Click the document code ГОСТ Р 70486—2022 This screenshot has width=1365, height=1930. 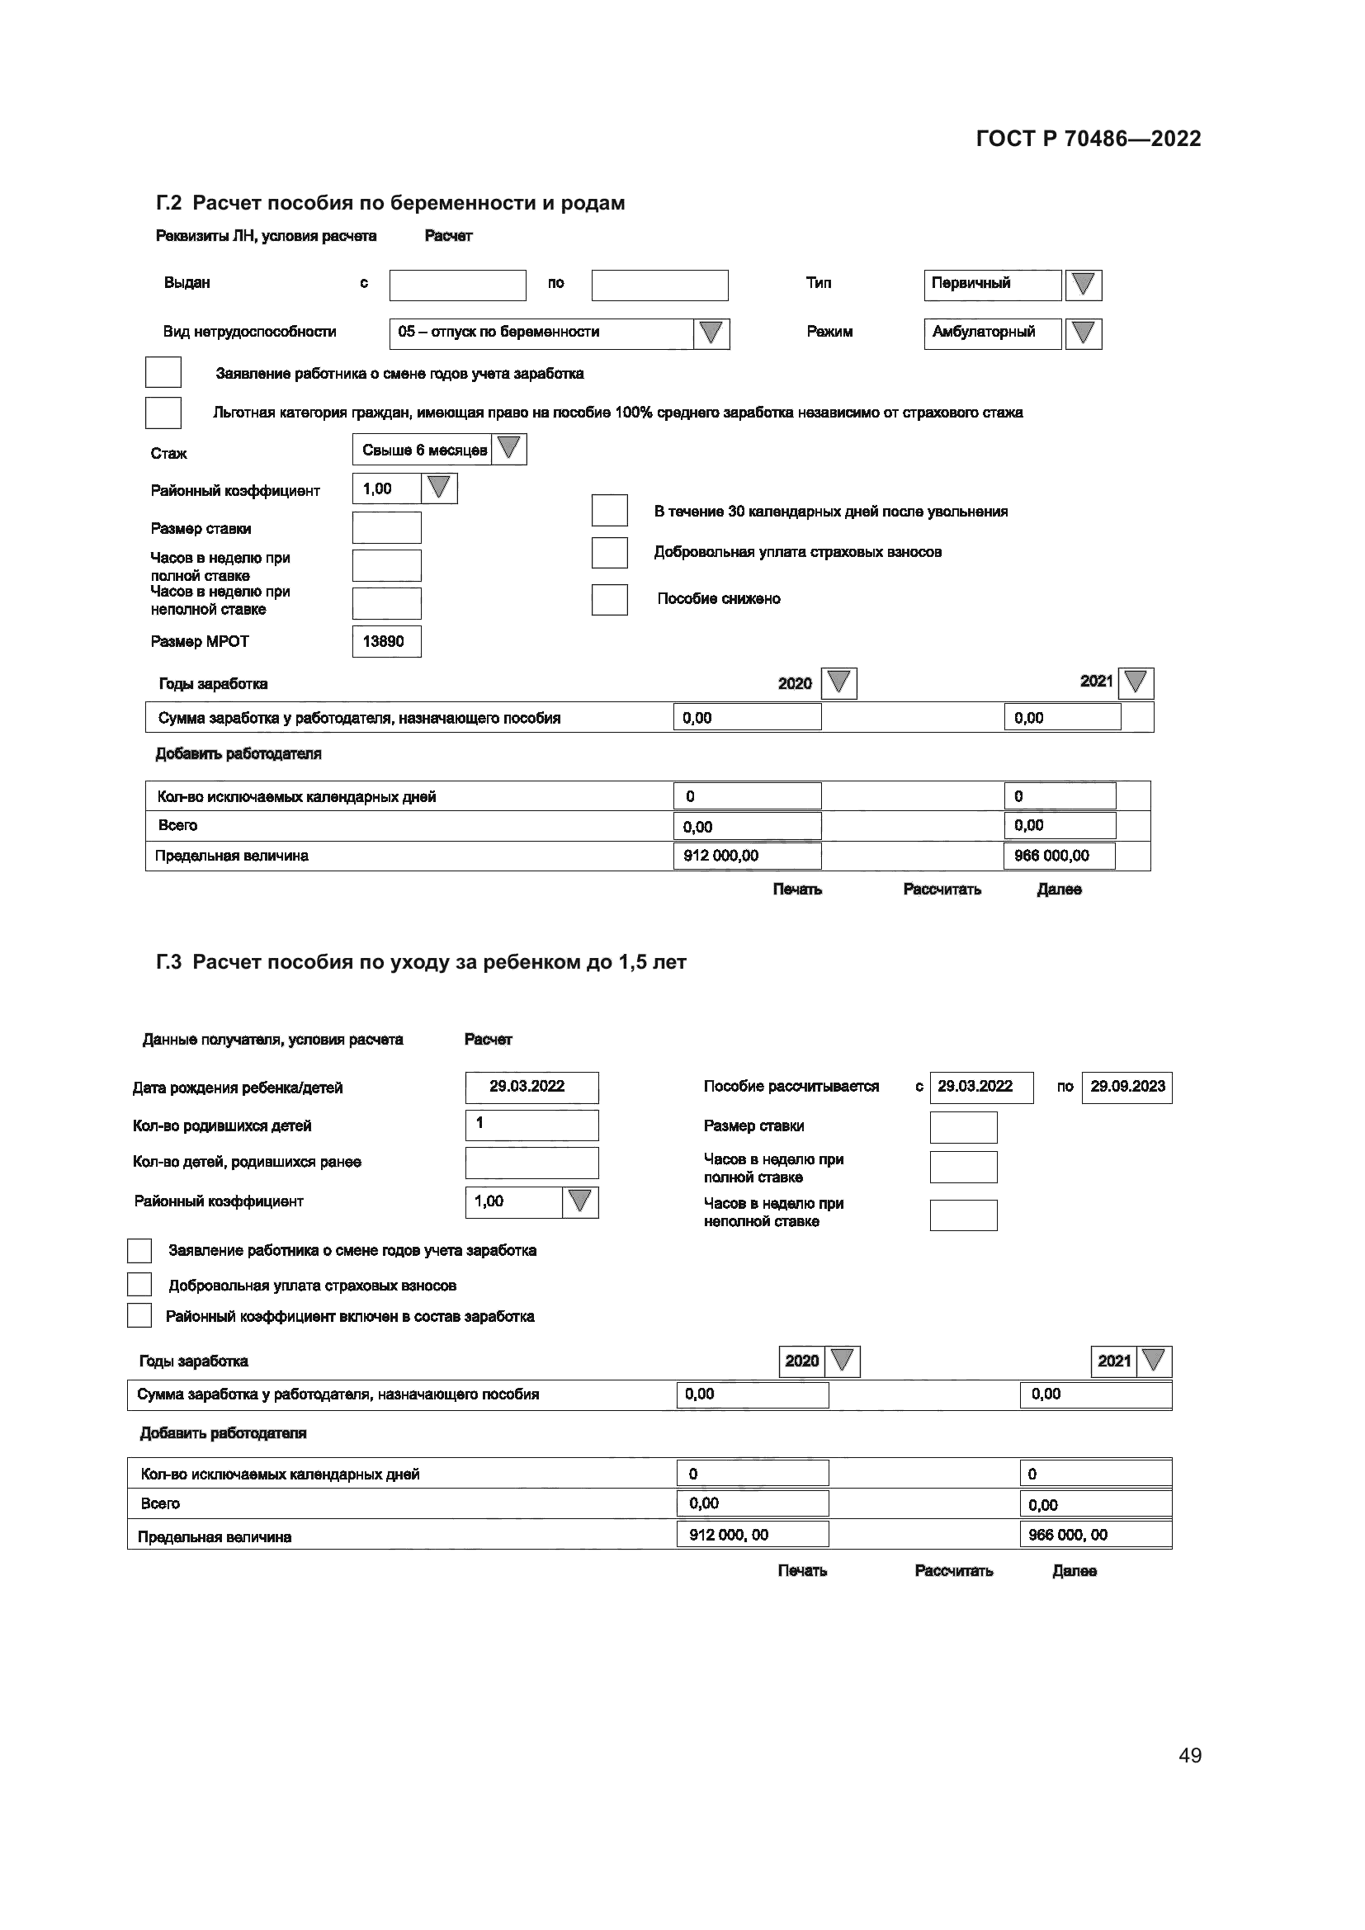coord(1088,139)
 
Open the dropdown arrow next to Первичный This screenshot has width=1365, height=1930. coord(1083,285)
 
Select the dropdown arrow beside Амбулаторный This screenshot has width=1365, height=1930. coord(1083,333)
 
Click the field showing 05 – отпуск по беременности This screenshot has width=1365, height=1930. coord(541,333)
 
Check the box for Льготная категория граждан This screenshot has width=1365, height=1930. coord(163,413)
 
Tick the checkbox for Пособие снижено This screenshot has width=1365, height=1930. coord(609,599)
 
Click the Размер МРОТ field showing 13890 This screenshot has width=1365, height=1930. coord(385,641)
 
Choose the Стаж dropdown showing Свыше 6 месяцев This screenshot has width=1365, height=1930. coord(439,450)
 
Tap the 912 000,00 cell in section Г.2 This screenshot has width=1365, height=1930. coord(746,856)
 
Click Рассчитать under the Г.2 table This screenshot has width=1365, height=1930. coord(942,889)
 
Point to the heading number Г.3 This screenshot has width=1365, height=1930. coord(168,962)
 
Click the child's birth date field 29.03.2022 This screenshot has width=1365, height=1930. coord(531,1087)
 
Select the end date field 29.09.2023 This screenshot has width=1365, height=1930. coord(1126,1087)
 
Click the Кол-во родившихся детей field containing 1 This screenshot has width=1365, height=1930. coord(531,1125)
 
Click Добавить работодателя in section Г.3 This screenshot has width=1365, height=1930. coord(223,1433)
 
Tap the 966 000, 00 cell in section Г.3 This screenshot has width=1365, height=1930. coord(1094,1535)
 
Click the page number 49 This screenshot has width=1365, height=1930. coord(1189,1755)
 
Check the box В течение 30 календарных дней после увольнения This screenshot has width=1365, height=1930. coord(609,510)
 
